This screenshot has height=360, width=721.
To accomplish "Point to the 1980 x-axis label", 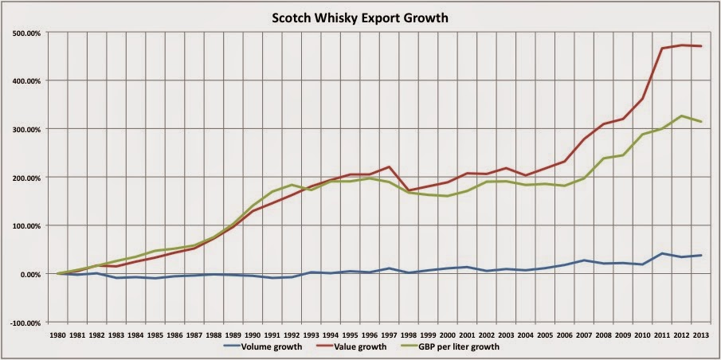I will [58, 335].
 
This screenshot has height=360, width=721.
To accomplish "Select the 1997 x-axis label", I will [388, 335].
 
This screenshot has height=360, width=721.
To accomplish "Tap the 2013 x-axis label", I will [700, 335].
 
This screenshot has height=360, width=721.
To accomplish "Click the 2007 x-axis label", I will [583, 335].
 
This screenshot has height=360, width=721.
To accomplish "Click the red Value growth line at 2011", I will [662, 49].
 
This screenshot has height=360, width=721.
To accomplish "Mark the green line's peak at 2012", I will [681, 116].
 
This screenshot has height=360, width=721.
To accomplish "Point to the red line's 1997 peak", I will [388, 166].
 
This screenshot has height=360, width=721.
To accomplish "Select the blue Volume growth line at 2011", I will [662, 253].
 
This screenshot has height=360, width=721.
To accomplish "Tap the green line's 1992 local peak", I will [292, 185].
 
